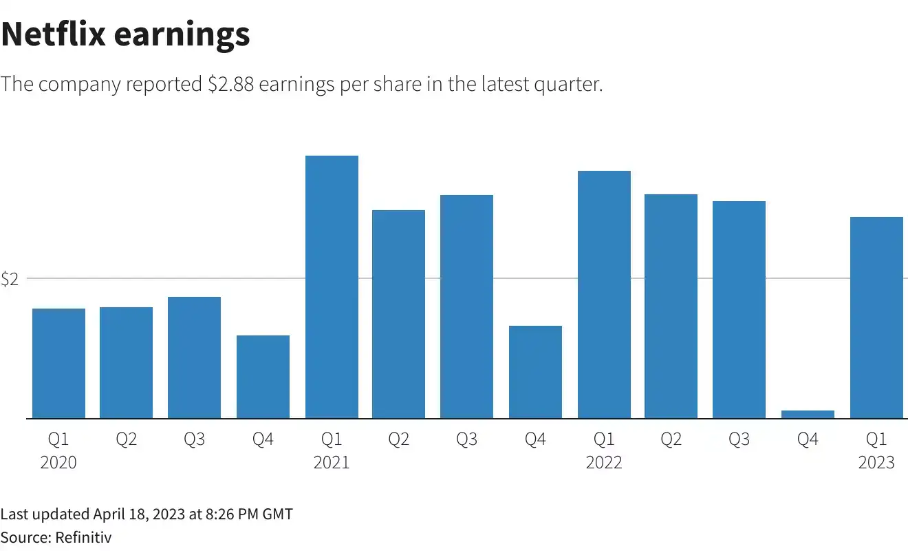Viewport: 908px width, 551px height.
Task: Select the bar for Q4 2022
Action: pos(808,414)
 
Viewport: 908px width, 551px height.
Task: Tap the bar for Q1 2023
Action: pos(876,318)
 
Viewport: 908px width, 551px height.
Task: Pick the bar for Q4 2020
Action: pos(263,377)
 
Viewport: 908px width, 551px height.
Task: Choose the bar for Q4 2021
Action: pos(535,372)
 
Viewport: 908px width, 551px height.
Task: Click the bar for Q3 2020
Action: pos(194,357)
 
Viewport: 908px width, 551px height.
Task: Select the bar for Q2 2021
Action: pos(398,314)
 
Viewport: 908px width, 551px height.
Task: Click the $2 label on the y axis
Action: pos(9,279)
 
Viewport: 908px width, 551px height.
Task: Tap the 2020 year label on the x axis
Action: pos(58,462)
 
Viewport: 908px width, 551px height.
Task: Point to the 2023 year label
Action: pos(876,462)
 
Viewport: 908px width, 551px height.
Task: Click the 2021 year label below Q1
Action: pos(332,462)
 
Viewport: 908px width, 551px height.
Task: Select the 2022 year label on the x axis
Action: pos(604,462)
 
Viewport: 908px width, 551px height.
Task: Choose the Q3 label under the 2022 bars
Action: pos(739,439)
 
